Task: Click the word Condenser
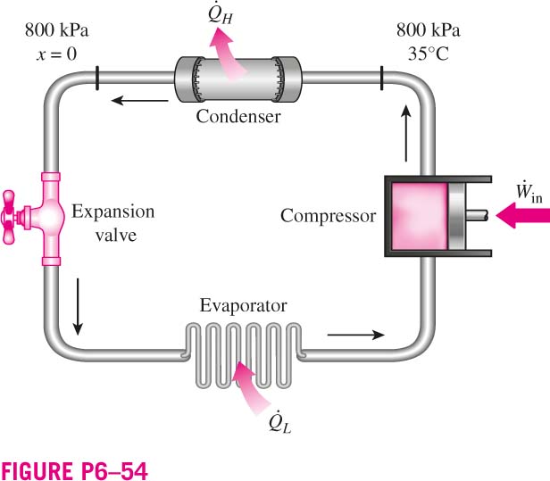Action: [x=238, y=116]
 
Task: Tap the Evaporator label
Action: [x=244, y=306]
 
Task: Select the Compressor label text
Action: [x=329, y=216]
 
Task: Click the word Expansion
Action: [x=112, y=212]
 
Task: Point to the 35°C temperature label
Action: [x=429, y=54]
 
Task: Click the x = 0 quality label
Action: [x=56, y=54]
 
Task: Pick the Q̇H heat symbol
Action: [x=221, y=14]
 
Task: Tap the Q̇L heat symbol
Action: [x=280, y=422]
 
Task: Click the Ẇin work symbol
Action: [x=529, y=192]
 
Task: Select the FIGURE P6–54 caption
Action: [x=74, y=471]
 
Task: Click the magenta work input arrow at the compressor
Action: [x=522, y=215]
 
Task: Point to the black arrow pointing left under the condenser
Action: [x=139, y=101]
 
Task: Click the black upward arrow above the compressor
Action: [x=406, y=133]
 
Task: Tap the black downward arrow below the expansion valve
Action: [x=78, y=307]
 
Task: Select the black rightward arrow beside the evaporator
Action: [x=356, y=335]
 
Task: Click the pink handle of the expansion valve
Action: [x=8, y=217]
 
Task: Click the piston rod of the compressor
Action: [x=477, y=216]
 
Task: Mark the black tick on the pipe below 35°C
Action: [x=381, y=79]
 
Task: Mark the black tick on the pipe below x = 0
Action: [x=97, y=79]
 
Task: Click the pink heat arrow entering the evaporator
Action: [x=249, y=386]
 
